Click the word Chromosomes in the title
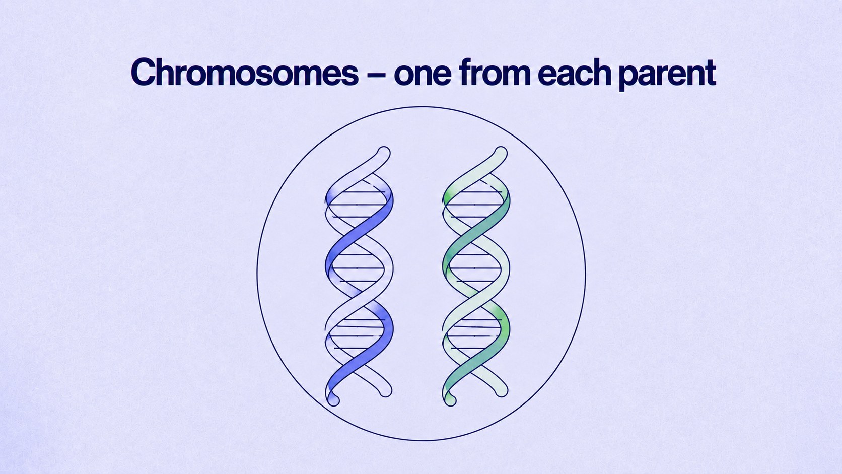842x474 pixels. [x=245, y=72]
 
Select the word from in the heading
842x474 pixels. [x=495, y=72]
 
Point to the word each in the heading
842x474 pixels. [x=575, y=72]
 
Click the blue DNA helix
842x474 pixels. [x=359, y=276]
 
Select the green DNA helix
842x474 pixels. [x=476, y=276]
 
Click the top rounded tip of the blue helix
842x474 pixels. [x=384, y=152]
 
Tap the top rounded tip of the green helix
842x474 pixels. [x=501, y=152]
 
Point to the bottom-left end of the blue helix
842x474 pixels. [x=333, y=400]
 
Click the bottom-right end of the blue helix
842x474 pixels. [x=386, y=391]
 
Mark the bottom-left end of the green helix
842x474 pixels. [x=450, y=400]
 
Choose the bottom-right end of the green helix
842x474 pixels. [x=502, y=391]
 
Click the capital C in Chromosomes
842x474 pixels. [x=143, y=72]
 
